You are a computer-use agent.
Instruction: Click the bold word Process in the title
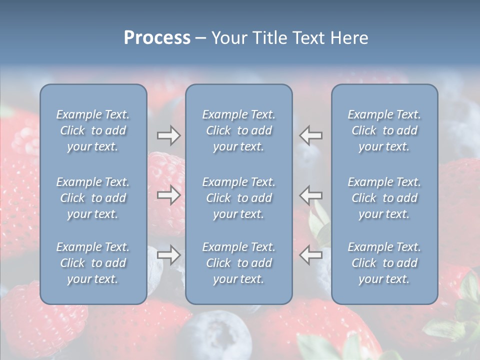[x=157, y=38]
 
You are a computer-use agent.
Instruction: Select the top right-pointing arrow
[x=168, y=135]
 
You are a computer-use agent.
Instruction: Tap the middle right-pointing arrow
[x=168, y=195]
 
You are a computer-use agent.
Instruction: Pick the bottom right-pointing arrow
[x=168, y=255]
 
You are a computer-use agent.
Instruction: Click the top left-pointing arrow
[x=311, y=135]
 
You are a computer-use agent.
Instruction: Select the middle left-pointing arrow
[x=311, y=195]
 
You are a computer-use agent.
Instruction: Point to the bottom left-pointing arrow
[x=311, y=255]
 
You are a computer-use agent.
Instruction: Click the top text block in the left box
[x=93, y=130]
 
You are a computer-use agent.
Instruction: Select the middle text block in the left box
[x=93, y=198]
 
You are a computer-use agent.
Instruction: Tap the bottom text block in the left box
[x=93, y=263]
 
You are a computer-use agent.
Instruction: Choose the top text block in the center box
[x=238, y=130]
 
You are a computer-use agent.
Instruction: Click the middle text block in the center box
[x=238, y=198]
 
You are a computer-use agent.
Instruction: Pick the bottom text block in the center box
[x=238, y=263]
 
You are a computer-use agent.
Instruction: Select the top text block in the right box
[x=384, y=130]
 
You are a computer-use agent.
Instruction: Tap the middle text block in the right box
[x=384, y=198]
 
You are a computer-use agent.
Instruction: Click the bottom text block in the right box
[x=384, y=263]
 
